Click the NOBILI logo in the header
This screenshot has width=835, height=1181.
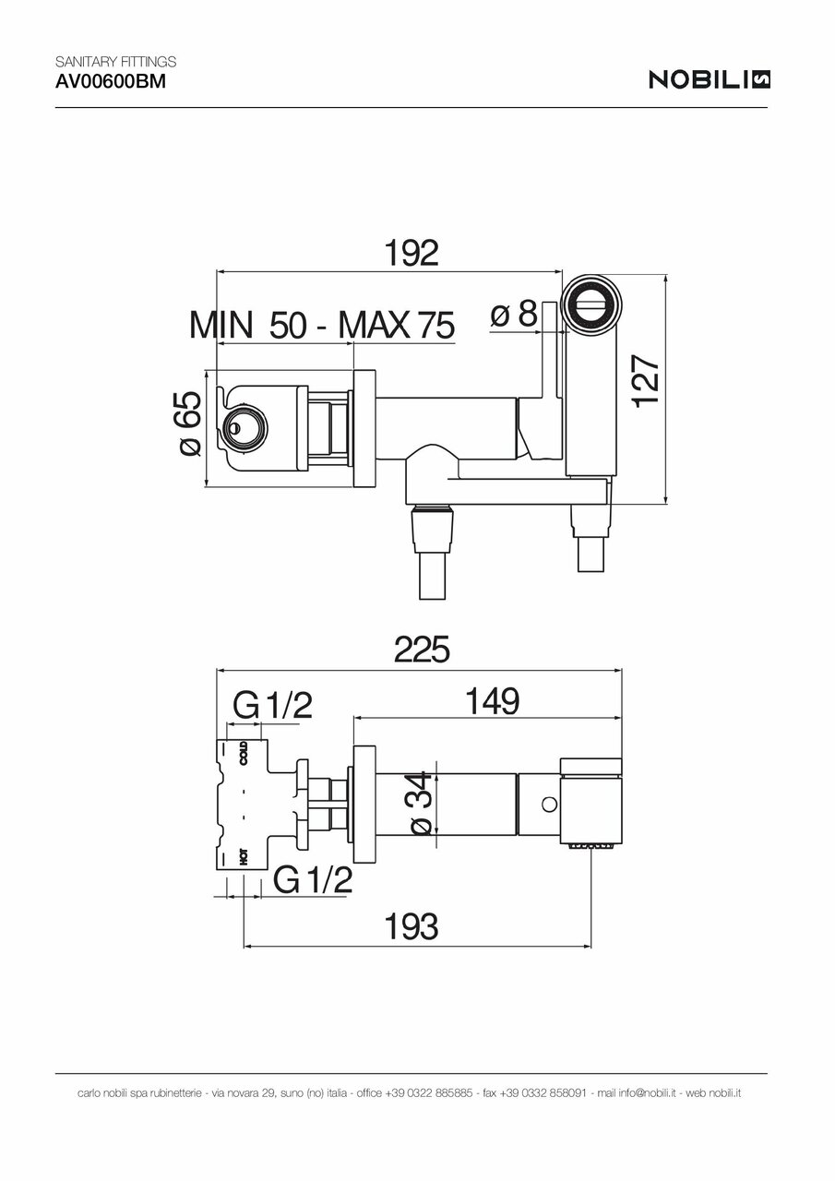(x=710, y=80)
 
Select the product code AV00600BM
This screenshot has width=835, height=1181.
(x=100, y=81)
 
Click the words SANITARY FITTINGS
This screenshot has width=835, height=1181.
(x=116, y=63)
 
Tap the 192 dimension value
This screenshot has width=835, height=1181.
(x=411, y=253)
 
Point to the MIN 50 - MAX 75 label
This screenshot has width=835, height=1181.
(x=322, y=325)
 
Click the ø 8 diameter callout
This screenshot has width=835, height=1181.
(x=514, y=315)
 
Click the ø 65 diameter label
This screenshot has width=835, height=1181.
(x=188, y=424)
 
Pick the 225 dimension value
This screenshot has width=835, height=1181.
(x=421, y=650)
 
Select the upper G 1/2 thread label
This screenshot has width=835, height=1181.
(x=272, y=707)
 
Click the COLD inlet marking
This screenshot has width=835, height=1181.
(x=244, y=753)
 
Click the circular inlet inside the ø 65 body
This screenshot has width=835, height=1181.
(x=244, y=426)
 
